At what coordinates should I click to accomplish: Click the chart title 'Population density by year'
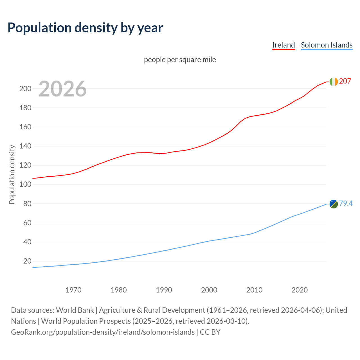[85, 28]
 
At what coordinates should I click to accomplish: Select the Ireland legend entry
[283, 45]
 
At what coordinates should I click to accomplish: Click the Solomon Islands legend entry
[327, 45]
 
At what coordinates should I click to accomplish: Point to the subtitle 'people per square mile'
[180, 60]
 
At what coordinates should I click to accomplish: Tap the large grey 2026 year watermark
[62, 89]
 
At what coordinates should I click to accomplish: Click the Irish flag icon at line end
[334, 82]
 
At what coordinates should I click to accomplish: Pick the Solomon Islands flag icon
[334, 204]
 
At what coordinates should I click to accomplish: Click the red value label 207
[345, 81]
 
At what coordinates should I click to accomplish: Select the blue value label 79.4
[346, 203]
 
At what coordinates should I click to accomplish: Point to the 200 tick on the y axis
[25, 89]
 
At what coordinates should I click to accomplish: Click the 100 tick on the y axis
[25, 184]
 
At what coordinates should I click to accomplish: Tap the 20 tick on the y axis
[27, 261]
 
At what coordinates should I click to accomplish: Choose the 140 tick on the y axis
[25, 146]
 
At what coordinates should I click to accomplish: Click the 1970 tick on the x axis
[73, 290]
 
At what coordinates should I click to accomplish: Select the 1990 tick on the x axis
[164, 290]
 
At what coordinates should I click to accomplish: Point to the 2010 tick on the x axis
[254, 290]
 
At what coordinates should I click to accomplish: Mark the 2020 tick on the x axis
[300, 290]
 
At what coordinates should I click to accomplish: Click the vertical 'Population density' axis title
[12, 174]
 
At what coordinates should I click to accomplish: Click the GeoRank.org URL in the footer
[103, 332]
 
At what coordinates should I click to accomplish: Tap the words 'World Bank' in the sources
[75, 310]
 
